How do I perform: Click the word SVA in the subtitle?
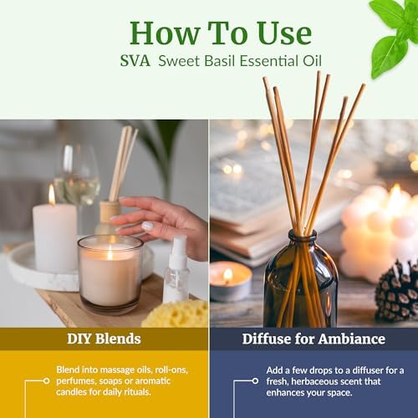135,61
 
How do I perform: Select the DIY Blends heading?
104,339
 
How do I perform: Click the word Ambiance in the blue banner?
352,339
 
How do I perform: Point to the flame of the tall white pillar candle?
52,195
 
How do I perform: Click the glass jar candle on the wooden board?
110,274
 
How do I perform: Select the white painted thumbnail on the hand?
147,226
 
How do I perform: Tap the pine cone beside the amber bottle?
397,291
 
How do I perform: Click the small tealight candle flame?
228,274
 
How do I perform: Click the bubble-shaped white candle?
378,232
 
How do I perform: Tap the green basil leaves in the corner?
395,33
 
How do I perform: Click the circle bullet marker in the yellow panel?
47,380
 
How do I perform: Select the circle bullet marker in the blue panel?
255,380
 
